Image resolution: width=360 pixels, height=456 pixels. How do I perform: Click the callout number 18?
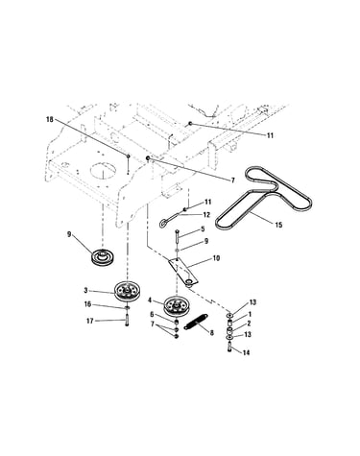(x=50, y=119)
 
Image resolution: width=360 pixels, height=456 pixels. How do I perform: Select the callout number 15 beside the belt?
(x=278, y=225)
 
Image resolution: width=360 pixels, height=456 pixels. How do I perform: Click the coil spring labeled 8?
(x=197, y=322)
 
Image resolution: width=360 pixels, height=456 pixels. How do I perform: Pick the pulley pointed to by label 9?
(x=103, y=256)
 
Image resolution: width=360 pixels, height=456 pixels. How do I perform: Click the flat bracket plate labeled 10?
(x=183, y=271)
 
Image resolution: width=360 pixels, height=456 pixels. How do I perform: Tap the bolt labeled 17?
(x=128, y=320)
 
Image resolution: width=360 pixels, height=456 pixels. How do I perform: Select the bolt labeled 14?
(x=230, y=348)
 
